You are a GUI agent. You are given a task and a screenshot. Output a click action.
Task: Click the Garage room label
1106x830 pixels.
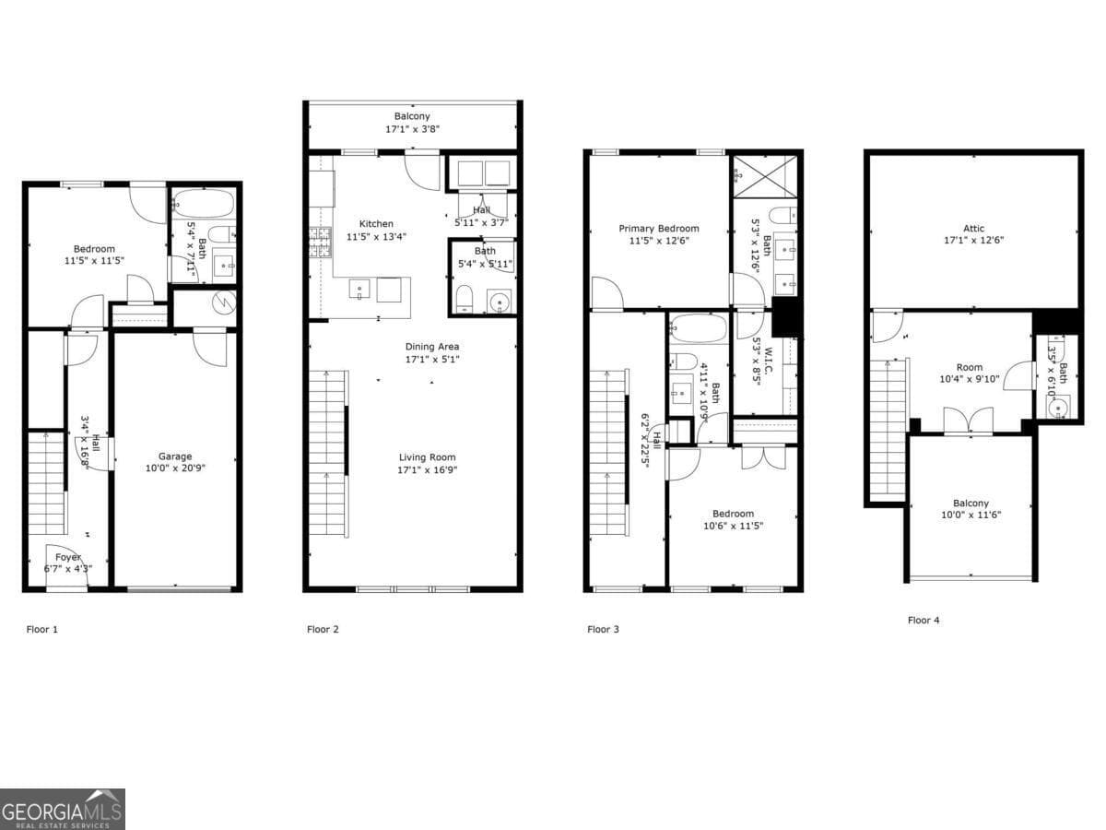175,456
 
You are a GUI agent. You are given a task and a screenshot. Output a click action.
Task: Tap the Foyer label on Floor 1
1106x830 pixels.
67,557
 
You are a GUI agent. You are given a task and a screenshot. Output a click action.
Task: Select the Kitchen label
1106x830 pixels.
376,224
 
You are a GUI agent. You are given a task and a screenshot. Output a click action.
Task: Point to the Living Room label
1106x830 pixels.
427,457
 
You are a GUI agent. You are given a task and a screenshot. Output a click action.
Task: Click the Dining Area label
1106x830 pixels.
432,347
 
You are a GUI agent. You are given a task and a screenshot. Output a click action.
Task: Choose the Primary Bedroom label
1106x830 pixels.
658,229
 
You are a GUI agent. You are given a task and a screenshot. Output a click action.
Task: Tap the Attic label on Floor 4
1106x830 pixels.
974,229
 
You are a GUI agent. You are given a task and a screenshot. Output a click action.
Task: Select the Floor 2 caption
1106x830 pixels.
323,630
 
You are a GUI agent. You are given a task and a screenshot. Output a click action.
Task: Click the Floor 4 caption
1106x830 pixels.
924,621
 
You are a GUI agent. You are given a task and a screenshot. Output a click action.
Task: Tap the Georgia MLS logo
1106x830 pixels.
62,810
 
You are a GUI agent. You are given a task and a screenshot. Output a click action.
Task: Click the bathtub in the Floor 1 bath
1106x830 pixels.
203,202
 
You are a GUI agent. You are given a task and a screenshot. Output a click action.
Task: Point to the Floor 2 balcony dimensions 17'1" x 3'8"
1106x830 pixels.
412,129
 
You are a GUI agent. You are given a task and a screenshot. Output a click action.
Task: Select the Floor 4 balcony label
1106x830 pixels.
971,504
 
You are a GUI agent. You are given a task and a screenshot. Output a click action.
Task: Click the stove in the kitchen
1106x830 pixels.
319,242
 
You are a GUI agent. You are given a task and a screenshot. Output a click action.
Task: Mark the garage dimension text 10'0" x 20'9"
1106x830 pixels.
175,468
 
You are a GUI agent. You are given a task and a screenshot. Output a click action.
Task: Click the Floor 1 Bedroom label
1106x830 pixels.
94,249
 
